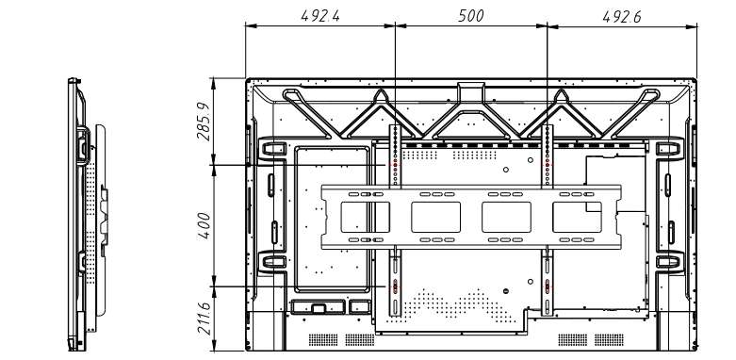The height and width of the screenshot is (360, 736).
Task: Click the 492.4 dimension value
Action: click(x=320, y=16)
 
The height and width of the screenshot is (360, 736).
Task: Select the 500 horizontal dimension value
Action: click(x=471, y=16)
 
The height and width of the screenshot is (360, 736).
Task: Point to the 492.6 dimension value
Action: click(x=622, y=16)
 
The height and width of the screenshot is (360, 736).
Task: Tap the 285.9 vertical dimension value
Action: click(x=204, y=121)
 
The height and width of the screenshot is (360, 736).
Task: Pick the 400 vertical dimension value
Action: click(x=204, y=226)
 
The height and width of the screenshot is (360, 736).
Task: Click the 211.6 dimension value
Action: click(x=204, y=318)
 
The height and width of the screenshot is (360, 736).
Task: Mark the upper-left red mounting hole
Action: click(x=395, y=165)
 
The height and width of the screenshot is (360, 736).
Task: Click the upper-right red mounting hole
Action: click(x=547, y=164)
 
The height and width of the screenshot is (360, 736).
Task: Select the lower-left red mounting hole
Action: click(x=395, y=286)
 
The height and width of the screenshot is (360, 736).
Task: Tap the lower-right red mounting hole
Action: click(x=547, y=286)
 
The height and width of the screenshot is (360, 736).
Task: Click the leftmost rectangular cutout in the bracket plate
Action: click(x=366, y=217)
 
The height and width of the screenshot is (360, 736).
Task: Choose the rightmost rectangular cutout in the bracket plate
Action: click(x=577, y=217)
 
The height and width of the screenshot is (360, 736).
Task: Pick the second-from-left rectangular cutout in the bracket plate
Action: click(x=435, y=217)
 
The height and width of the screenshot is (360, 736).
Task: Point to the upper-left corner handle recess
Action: click(x=272, y=149)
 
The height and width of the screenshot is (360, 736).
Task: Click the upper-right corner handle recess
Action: click(x=668, y=149)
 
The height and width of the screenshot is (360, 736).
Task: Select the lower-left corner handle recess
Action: click(x=273, y=261)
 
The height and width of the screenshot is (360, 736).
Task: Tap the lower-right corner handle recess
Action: click(x=668, y=261)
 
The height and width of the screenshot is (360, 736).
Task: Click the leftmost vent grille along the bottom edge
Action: click(x=323, y=339)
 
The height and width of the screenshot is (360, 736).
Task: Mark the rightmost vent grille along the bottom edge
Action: click(x=609, y=339)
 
